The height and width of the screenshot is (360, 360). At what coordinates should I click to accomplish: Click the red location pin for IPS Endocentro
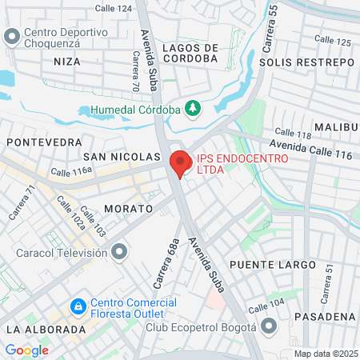point(180,163)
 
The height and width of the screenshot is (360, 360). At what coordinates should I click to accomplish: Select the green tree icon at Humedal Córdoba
point(192,108)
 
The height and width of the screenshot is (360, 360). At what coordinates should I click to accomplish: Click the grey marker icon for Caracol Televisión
point(120,253)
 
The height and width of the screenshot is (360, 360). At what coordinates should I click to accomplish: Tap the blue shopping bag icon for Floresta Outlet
point(78,306)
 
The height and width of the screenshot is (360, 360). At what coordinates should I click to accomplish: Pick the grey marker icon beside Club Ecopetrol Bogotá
point(270,326)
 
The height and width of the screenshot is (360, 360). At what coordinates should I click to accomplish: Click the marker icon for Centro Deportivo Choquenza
point(11,37)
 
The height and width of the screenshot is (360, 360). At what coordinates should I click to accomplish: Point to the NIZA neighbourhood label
point(67,61)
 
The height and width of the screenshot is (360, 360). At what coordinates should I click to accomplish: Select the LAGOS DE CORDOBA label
point(190,52)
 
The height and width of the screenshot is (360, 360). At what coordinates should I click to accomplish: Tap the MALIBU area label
point(336,127)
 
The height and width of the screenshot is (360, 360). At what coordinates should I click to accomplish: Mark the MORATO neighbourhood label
point(128,208)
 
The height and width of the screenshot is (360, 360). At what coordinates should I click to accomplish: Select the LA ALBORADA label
point(45,329)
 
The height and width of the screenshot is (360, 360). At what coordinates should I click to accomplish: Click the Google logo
point(26,350)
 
